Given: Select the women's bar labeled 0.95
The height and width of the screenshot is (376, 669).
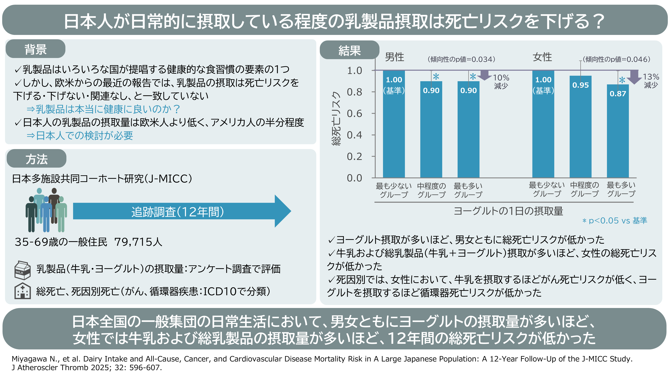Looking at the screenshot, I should pos(580,127).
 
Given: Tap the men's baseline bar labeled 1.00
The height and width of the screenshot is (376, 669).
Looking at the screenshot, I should pos(394,124).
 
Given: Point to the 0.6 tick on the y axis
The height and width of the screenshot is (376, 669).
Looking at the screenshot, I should pos(355,114).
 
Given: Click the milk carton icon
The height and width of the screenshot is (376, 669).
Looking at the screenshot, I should pos(23,270).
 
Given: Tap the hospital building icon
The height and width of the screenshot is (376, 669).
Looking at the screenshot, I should pos(23,291).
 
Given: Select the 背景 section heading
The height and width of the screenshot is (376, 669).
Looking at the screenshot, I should pos(36,49).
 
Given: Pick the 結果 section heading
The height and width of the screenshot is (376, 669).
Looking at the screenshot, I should pos(350,50).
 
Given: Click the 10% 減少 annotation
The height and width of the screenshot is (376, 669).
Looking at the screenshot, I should pos(501,82).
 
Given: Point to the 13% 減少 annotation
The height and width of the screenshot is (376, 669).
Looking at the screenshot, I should pos(651,81).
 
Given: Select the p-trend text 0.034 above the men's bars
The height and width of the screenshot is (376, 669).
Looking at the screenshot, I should pos(461,59).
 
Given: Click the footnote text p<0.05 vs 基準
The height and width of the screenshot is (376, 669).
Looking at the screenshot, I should pos(615,221).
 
